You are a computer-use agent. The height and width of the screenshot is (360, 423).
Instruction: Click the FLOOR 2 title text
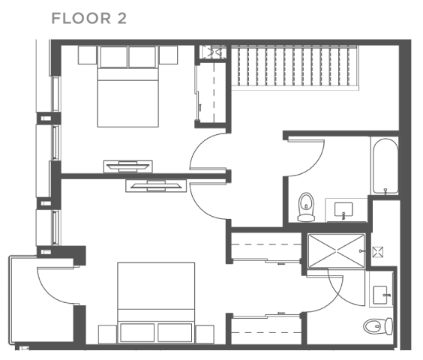[88, 17]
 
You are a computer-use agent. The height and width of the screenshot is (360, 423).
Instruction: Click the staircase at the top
[293, 67]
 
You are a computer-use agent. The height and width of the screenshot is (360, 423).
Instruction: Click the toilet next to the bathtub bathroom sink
[306, 208]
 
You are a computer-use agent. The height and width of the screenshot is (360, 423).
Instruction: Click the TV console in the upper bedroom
[129, 166]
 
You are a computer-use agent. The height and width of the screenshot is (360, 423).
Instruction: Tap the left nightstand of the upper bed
[86, 55]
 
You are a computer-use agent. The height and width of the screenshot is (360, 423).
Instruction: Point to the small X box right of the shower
[380, 250]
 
